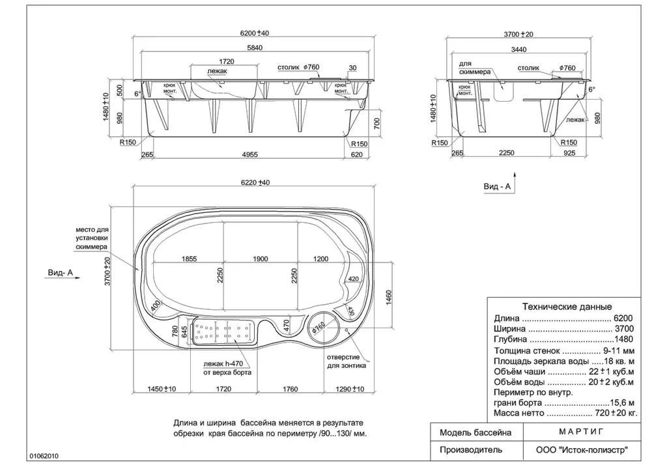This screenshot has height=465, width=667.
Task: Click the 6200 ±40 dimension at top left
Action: (x=255, y=33)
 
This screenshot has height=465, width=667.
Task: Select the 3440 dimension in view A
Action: (x=518, y=49)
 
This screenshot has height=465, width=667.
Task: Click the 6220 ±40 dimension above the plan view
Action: (x=255, y=183)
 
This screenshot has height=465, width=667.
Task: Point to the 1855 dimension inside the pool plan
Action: (x=189, y=259)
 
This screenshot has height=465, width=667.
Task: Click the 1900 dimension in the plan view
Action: (x=260, y=259)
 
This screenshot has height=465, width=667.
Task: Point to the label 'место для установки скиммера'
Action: (x=91, y=239)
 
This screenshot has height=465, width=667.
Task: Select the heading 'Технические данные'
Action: (x=567, y=306)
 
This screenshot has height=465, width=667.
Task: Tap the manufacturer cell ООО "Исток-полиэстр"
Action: (x=582, y=449)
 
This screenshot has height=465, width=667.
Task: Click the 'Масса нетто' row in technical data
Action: (x=565, y=413)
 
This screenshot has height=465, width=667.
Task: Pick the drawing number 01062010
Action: (x=44, y=457)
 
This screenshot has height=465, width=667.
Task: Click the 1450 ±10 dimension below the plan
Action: (x=161, y=389)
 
